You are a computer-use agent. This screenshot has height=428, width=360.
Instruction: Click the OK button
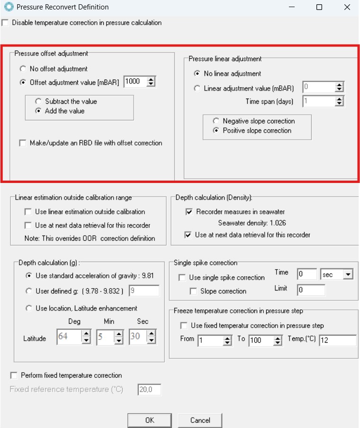pos(150,420)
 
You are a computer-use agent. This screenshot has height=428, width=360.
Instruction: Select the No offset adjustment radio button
pos(23,69)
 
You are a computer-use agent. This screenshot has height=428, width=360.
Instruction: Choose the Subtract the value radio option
pos(38,101)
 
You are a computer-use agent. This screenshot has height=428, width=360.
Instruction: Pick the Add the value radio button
pos(38,111)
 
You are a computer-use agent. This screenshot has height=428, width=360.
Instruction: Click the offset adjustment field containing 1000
pos(134,82)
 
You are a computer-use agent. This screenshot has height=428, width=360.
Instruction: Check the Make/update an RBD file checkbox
pos(23,143)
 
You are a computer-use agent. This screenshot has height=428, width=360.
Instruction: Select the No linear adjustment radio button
pos(197,73)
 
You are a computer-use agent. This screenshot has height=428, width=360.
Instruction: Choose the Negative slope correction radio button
pos(216,121)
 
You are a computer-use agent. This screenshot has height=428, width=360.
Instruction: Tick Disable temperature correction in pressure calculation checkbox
pos(5,23)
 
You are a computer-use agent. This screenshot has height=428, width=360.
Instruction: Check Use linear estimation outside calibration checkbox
pos(28,212)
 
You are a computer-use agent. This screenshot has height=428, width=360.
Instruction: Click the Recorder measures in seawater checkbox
pos(189,212)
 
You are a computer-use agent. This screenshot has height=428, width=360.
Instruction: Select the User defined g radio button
pos(29,291)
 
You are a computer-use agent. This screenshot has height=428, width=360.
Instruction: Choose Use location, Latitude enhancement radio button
pos(29,308)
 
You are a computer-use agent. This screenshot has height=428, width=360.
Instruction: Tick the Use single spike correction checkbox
pos(182,278)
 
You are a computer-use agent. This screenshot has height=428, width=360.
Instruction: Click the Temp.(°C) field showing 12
pos(337,340)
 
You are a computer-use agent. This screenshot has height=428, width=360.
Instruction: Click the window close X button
pos(347,7)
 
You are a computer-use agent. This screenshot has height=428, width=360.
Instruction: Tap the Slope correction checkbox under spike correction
pos(193,291)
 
